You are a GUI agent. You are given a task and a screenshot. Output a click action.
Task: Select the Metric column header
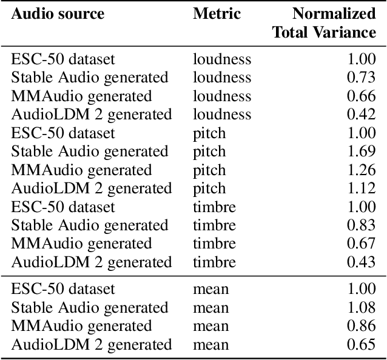(x=217, y=13)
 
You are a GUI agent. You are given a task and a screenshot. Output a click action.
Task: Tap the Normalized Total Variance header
(x=325, y=22)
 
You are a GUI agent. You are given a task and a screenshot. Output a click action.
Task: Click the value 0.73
(x=362, y=78)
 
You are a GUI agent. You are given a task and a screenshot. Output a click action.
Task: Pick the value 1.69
(x=362, y=152)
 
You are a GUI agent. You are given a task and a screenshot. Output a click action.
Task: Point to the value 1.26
(x=362, y=170)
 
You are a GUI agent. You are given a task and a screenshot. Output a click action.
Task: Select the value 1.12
(x=362, y=188)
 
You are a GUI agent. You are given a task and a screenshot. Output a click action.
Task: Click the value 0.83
(x=362, y=225)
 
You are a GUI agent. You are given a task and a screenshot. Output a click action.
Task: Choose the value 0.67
(x=362, y=244)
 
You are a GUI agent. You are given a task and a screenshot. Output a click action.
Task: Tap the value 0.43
(x=362, y=262)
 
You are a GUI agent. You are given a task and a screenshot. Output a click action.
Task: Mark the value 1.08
(x=362, y=308)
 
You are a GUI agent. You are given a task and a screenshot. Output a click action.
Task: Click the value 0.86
(x=362, y=326)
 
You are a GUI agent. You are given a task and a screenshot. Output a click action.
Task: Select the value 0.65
(x=362, y=345)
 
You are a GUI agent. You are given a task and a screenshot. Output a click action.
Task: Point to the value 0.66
(x=362, y=96)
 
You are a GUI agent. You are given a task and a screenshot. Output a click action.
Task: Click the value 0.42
(x=362, y=115)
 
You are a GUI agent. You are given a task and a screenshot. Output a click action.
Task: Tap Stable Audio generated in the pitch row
(x=89, y=152)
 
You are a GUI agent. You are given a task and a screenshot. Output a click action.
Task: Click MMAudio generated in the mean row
(x=81, y=326)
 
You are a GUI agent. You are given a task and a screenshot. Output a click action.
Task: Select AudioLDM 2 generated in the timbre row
(x=92, y=262)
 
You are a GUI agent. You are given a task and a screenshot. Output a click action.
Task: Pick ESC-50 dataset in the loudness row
(x=63, y=59)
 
